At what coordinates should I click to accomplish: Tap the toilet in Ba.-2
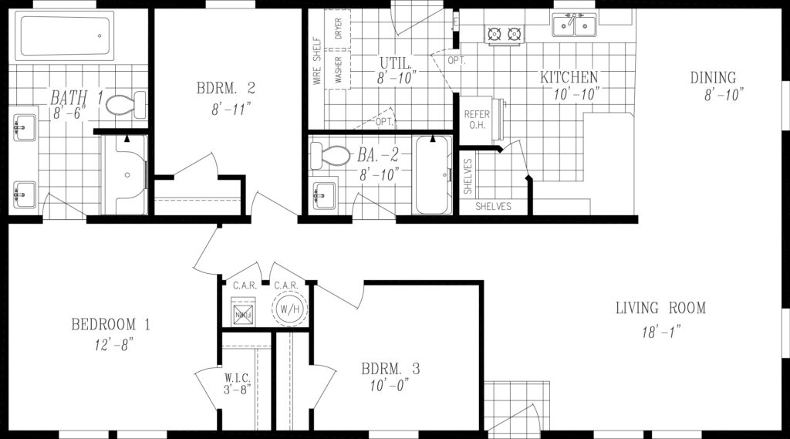tap(330, 155)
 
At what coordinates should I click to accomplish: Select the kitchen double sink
tap(574, 24)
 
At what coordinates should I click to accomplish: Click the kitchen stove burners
tap(504, 34)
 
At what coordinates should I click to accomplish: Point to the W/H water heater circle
tap(290, 309)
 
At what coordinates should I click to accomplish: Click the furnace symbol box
tap(244, 312)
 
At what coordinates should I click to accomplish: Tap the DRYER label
tap(338, 29)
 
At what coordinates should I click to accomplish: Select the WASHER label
tap(338, 69)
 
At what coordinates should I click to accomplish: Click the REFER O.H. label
tap(477, 120)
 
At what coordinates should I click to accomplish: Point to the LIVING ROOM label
tap(660, 307)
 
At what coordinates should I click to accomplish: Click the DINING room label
tap(713, 78)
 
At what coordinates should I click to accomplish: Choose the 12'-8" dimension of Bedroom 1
tap(113, 345)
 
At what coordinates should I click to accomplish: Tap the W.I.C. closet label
tap(237, 377)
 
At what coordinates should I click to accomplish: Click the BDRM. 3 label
tap(390, 369)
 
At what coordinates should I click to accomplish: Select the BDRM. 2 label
tap(226, 88)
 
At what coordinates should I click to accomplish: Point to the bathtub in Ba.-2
tap(432, 174)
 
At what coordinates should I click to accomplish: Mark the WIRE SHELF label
tap(317, 60)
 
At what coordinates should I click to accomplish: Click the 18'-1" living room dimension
tap(661, 332)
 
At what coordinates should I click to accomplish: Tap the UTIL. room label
tap(396, 63)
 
